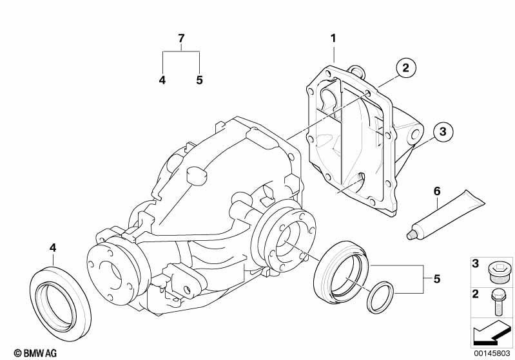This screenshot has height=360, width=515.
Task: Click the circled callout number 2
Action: coord(406,68)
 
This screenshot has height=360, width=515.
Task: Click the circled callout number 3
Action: coord(443,131)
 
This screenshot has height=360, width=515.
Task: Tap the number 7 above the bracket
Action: coord(181,39)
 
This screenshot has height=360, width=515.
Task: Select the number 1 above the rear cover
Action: coord(333,39)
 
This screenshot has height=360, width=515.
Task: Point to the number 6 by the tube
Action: coord(437,191)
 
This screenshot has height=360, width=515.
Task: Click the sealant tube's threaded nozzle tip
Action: coord(410,235)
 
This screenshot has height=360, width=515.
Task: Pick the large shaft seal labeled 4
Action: coord(61,303)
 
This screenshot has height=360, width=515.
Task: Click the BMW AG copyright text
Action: coord(35,353)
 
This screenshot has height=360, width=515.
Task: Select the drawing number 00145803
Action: coord(492,354)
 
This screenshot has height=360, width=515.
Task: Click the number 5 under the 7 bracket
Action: coord(200,80)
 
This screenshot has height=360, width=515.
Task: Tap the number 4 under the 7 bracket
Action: coord(162,80)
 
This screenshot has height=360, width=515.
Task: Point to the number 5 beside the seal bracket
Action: coord(437,279)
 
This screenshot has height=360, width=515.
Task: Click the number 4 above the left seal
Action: coord(53,248)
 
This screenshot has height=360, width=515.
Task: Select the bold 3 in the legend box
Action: coord(476,263)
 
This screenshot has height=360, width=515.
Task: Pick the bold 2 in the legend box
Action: coord(476,294)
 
